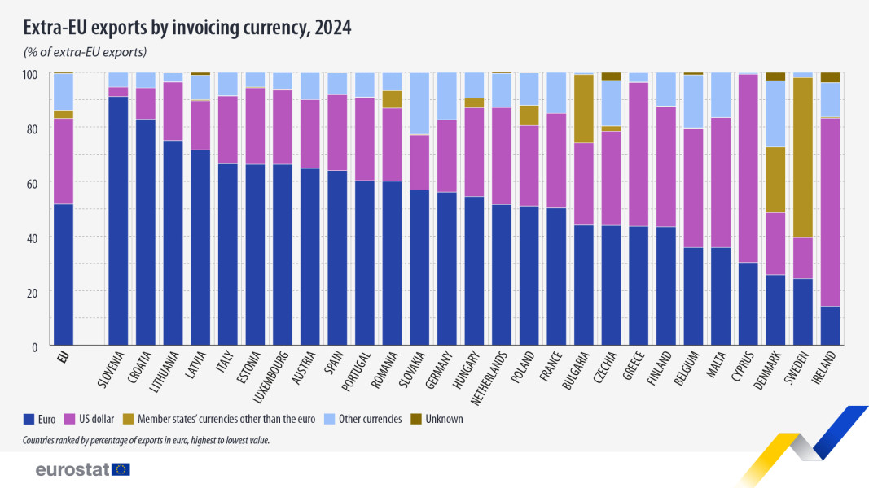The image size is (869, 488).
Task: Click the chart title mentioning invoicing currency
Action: pos(187,28)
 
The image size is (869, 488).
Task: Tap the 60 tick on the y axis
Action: pos(33,183)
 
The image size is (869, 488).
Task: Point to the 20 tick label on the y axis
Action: pos(33,292)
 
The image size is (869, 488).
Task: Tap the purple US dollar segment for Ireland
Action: pos(830,211)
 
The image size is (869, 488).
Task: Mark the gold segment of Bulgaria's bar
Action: pos(584,109)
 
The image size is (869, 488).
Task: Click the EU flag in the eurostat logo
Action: pos(121,469)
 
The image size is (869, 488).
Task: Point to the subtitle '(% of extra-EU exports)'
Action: pos(85,52)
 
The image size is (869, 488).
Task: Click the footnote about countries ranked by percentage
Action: pos(147,440)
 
